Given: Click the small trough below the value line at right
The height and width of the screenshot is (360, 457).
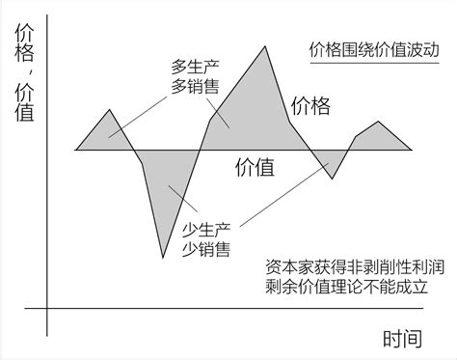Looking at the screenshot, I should (x=333, y=179).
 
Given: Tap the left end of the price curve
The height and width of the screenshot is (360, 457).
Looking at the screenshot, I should (x=76, y=150).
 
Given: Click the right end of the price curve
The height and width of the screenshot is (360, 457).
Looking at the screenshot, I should (x=412, y=150).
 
